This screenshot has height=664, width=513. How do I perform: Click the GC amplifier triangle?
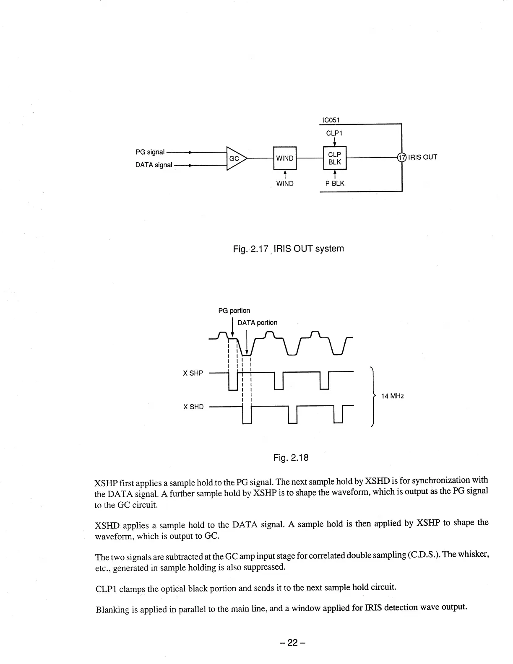click(x=235, y=158)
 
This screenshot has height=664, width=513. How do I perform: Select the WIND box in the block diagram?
click(x=284, y=158)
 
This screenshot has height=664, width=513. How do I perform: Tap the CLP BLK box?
click(x=334, y=158)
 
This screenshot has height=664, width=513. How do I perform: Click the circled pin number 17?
click(x=402, y=157)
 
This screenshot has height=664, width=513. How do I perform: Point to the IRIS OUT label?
click(x=423, y=157)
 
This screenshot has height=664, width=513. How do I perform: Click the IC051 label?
click(x=330, y=120)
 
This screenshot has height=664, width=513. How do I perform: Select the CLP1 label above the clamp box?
click(x=334, y=133)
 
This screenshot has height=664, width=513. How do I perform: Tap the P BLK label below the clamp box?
click(x=335, y=183)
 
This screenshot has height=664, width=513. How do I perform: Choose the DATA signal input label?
click(x=154, y=165)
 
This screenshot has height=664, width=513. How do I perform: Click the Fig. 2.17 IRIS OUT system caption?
click(x=288, y=249)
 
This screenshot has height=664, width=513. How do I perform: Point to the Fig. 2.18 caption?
click(x=291, y=457)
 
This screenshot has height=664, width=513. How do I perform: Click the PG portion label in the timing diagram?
click(x=234, y=311)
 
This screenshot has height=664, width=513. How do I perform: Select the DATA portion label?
click(x=257, y=322)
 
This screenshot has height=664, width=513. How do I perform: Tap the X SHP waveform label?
click(x=193, y=373)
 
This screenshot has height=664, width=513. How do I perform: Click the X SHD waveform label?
click(x=193, y=407)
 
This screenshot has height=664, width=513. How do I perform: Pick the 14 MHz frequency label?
click(x=392, y=396)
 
